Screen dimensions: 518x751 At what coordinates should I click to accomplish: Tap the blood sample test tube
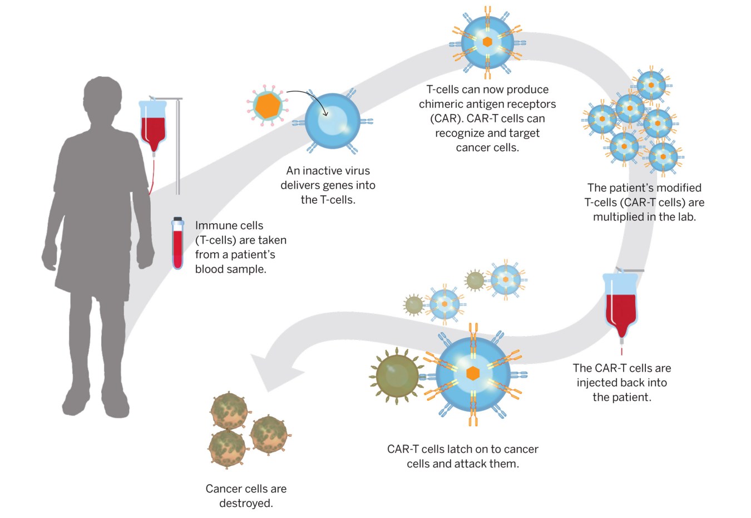tap(177, 243)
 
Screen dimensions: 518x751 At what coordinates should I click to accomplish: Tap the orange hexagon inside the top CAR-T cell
tap(487, 42)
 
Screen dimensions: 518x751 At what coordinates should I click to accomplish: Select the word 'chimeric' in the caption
tap(444, 104)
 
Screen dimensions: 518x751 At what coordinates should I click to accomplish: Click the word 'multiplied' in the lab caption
tap(618, 217)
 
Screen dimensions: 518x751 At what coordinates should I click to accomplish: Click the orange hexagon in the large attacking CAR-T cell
tap(473, 373)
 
